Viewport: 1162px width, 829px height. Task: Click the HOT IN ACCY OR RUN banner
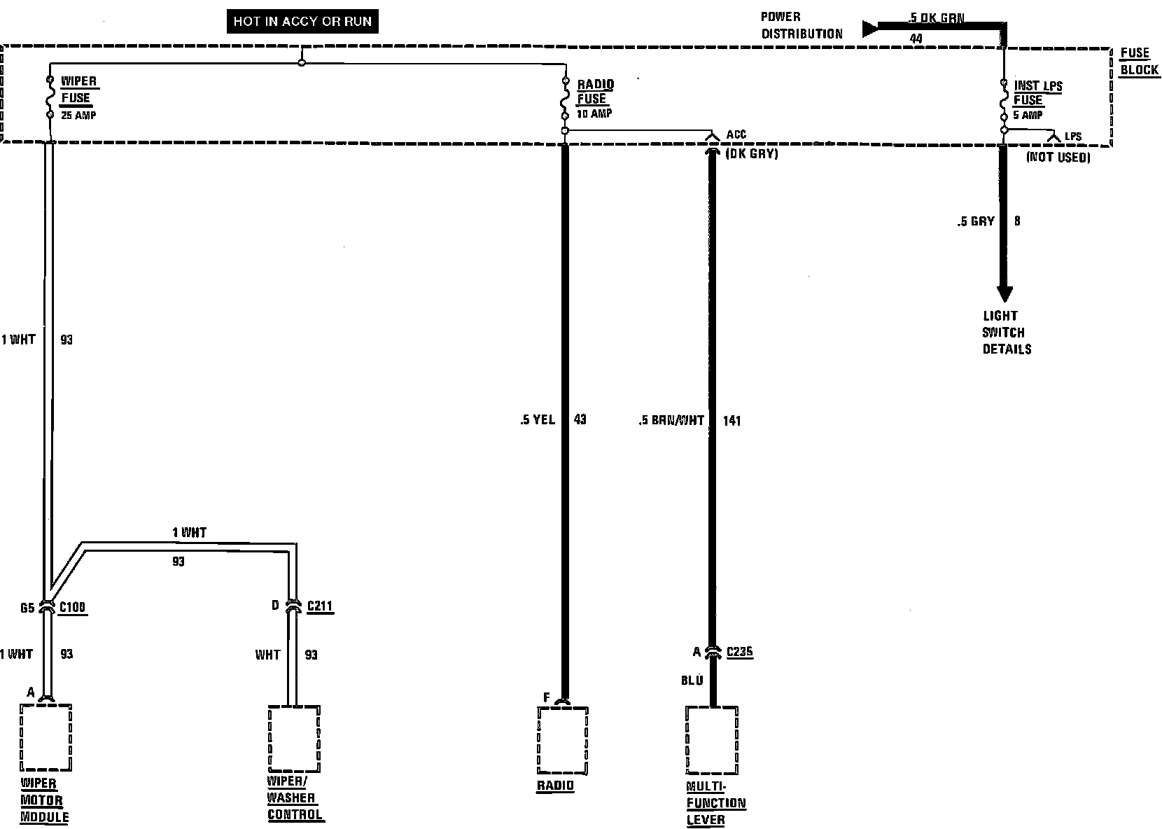click(x=302, y=22)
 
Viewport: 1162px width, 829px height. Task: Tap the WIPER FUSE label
click(x=78, y=90)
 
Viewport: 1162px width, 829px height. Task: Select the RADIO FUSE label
click(x=595, y=92)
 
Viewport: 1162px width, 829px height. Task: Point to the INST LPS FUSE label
click(x=1037, y=93)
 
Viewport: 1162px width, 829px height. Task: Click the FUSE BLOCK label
click(x=1138, y=62)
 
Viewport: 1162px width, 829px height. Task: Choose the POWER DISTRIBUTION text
click(x=801, y=25)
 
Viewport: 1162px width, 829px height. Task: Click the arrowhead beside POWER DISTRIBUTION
click(x=870, y=29)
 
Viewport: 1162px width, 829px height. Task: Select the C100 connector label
click(x=72, y=607)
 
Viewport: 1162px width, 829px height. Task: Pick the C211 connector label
click(x=319, y=606)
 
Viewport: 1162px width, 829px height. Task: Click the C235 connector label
click(x=739, y=653)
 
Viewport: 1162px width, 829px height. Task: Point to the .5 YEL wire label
click(x=538, y=420)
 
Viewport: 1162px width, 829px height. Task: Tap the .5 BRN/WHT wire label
click(x=671, y=421)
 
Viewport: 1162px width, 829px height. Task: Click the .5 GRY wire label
click(x=976, y=221)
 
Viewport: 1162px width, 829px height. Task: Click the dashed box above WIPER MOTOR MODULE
click(x=46, y=737)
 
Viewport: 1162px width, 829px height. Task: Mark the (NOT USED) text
click(x=1058, y=158)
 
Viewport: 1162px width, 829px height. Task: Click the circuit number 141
click(x=731, y=421)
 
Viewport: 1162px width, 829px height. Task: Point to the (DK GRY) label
click(x=752, y=153)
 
